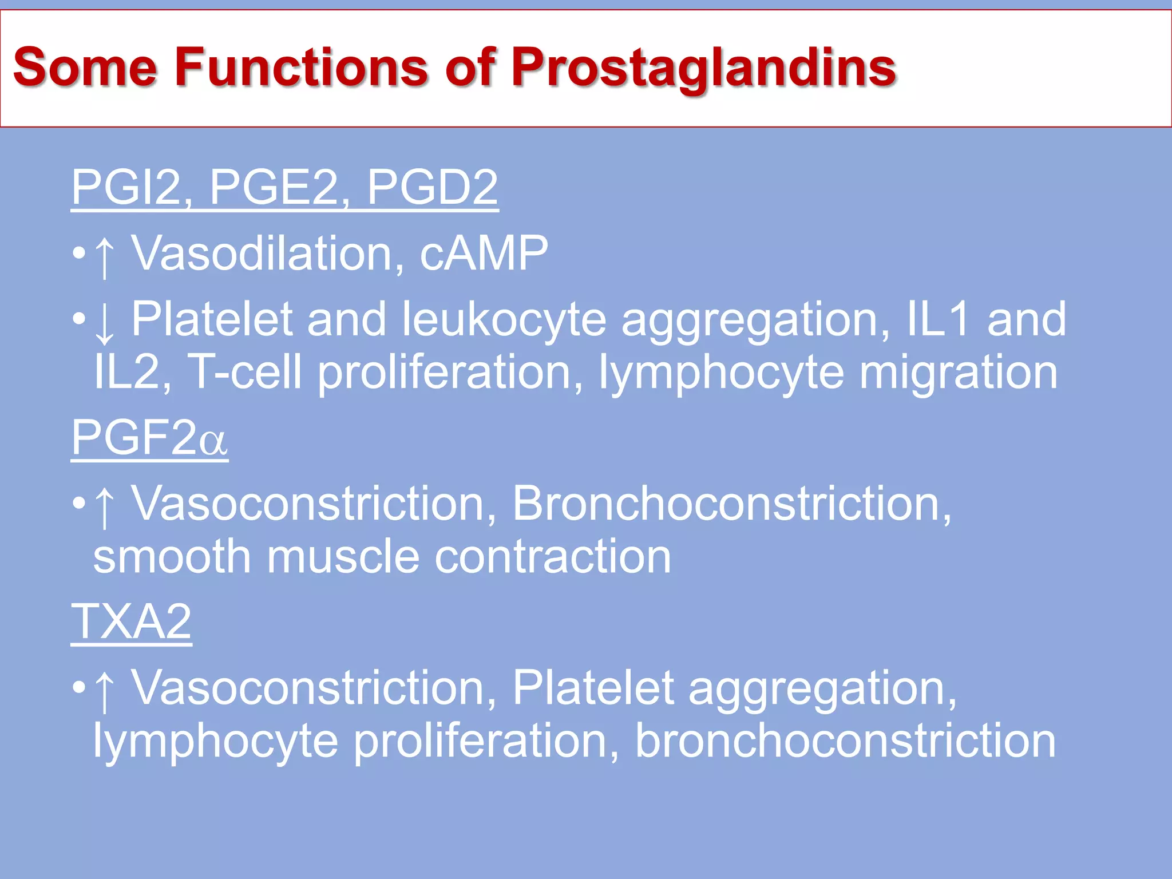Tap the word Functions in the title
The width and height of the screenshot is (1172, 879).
301,68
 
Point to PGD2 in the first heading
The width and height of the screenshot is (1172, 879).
432,187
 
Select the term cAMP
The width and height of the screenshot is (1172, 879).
484,253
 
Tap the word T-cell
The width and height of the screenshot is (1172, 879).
244,373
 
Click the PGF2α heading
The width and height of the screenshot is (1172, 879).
149,438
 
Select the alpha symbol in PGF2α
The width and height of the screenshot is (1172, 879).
213,442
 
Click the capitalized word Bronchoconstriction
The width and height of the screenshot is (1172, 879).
731,504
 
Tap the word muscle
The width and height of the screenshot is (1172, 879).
343,557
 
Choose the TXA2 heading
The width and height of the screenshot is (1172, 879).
131,622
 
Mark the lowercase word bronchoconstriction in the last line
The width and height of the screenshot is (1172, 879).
845,741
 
